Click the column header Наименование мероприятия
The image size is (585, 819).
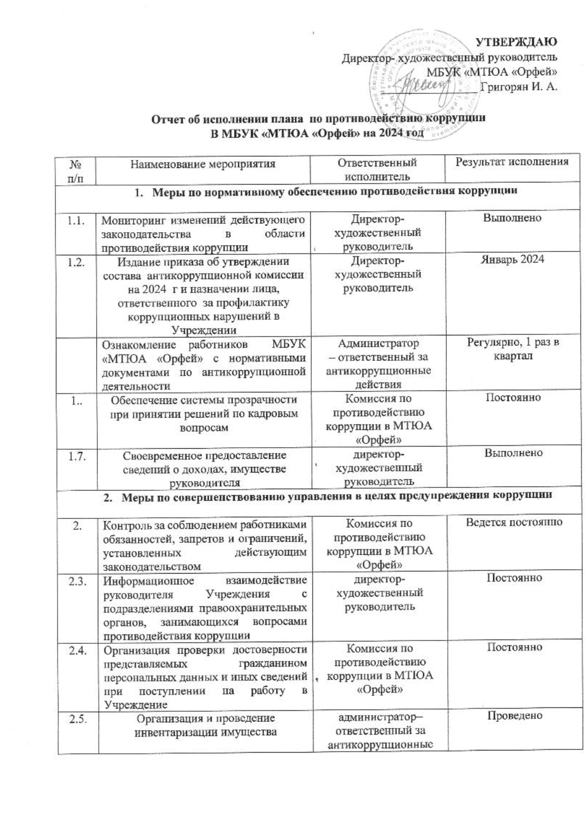(202, 163)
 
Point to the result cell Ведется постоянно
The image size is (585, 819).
(514, 522)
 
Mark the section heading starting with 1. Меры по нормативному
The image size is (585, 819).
(326, 192)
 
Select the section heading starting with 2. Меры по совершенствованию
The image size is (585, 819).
(328, 495)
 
